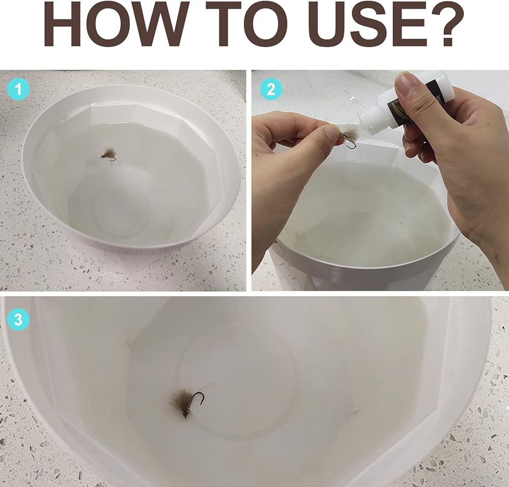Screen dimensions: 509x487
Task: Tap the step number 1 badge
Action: point(18,89)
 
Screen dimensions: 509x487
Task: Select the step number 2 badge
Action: point(271,89)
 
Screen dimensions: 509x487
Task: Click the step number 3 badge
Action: point(18,319)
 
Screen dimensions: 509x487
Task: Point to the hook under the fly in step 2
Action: point(351,146)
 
